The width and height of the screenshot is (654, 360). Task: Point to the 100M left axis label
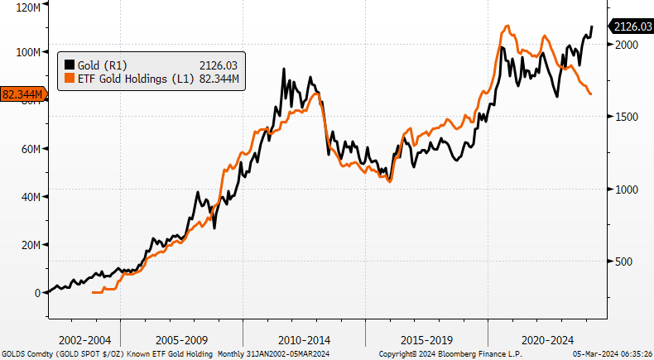coord(26,51)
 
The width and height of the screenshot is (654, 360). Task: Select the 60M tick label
coord(27,149)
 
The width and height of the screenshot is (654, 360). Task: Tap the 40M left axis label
coord(27,197)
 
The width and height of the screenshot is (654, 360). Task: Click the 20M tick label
coord(27,245)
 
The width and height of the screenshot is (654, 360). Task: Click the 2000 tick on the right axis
coord(624,45)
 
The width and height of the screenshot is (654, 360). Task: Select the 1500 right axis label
coord(624,117)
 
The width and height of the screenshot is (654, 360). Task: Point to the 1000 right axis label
coord(624,190)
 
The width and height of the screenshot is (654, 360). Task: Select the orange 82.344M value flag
coord(22,94)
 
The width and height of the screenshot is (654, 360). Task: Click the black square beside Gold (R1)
coord(69,65)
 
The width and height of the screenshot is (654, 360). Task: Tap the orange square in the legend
coord(69,78)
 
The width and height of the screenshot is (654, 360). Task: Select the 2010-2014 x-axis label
coord(304,340)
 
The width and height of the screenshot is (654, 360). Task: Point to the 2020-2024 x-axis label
coord(548,340)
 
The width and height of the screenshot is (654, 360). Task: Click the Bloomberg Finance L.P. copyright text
coord(451,354)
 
